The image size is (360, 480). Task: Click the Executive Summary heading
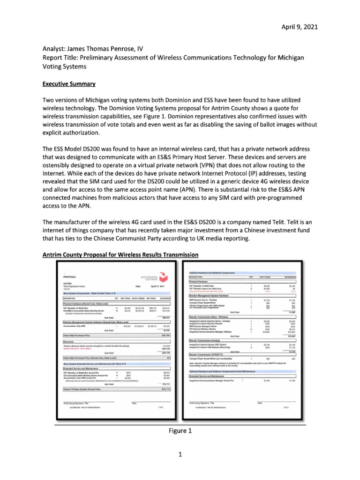coord(69,84)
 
